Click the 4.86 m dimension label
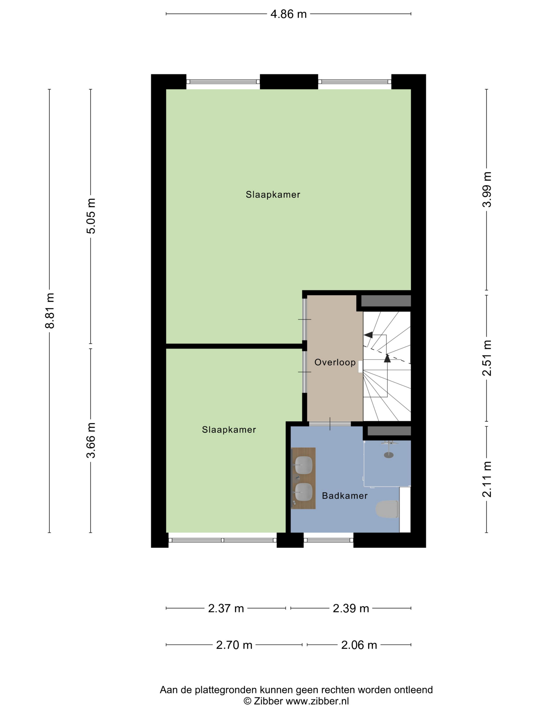[288, 14]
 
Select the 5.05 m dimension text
[91, 216]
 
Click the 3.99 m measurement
[486, 189]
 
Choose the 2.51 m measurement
[486, 358]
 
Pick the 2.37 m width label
[226, 608]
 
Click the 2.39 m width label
[351, 608]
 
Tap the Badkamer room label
[345, 496]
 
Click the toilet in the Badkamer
[387, 509]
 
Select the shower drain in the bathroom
[389, 455]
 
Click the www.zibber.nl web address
[317, 701]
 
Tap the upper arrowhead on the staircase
[368, 335]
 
